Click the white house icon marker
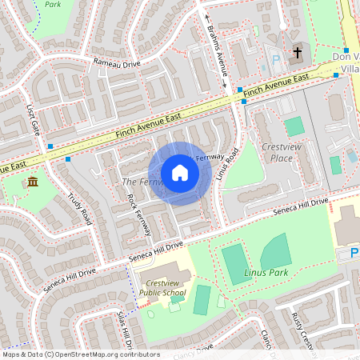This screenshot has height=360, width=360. click(x=180, y=173)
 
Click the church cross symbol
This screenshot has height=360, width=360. click(x=298, y=53)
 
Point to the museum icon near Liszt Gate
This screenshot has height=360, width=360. click(x=32, y=184)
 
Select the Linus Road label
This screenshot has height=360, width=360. click(x=227, y=163)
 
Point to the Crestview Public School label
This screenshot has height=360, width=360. click(x=162, y=287)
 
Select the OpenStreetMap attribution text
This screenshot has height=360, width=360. click(x=81, y=354)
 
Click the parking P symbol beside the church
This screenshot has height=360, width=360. click(x=275, y=59)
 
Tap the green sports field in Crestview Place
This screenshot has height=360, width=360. click(x=294, y=126)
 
